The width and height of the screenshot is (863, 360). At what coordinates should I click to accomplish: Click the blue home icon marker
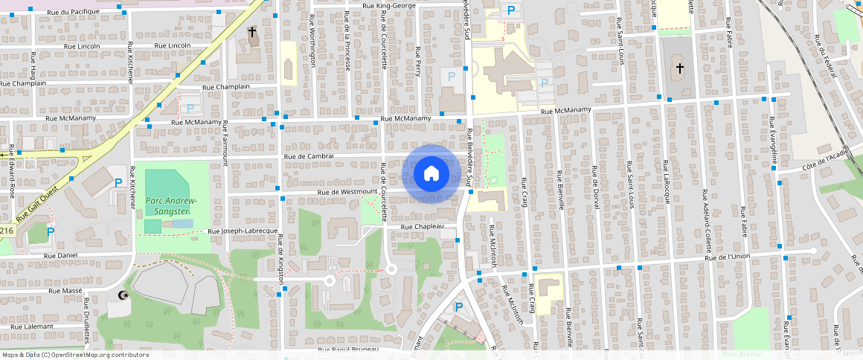point(430,174)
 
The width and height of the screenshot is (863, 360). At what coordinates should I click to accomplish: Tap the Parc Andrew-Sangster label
point(170,206)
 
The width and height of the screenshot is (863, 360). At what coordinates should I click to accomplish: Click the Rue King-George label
point(388,6)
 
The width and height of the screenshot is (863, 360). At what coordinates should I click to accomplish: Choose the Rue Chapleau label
point(422,226)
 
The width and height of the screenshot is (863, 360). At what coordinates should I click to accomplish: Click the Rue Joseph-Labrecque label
point(243,231)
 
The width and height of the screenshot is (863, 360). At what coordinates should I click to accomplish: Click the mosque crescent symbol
point(123,296)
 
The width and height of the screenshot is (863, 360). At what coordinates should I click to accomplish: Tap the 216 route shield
point(7,231)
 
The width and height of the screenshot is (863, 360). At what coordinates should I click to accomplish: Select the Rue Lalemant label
point(32,327)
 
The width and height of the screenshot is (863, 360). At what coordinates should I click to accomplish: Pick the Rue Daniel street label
point(61,255)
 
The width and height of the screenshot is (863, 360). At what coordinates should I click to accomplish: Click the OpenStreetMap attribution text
point(75,355)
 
